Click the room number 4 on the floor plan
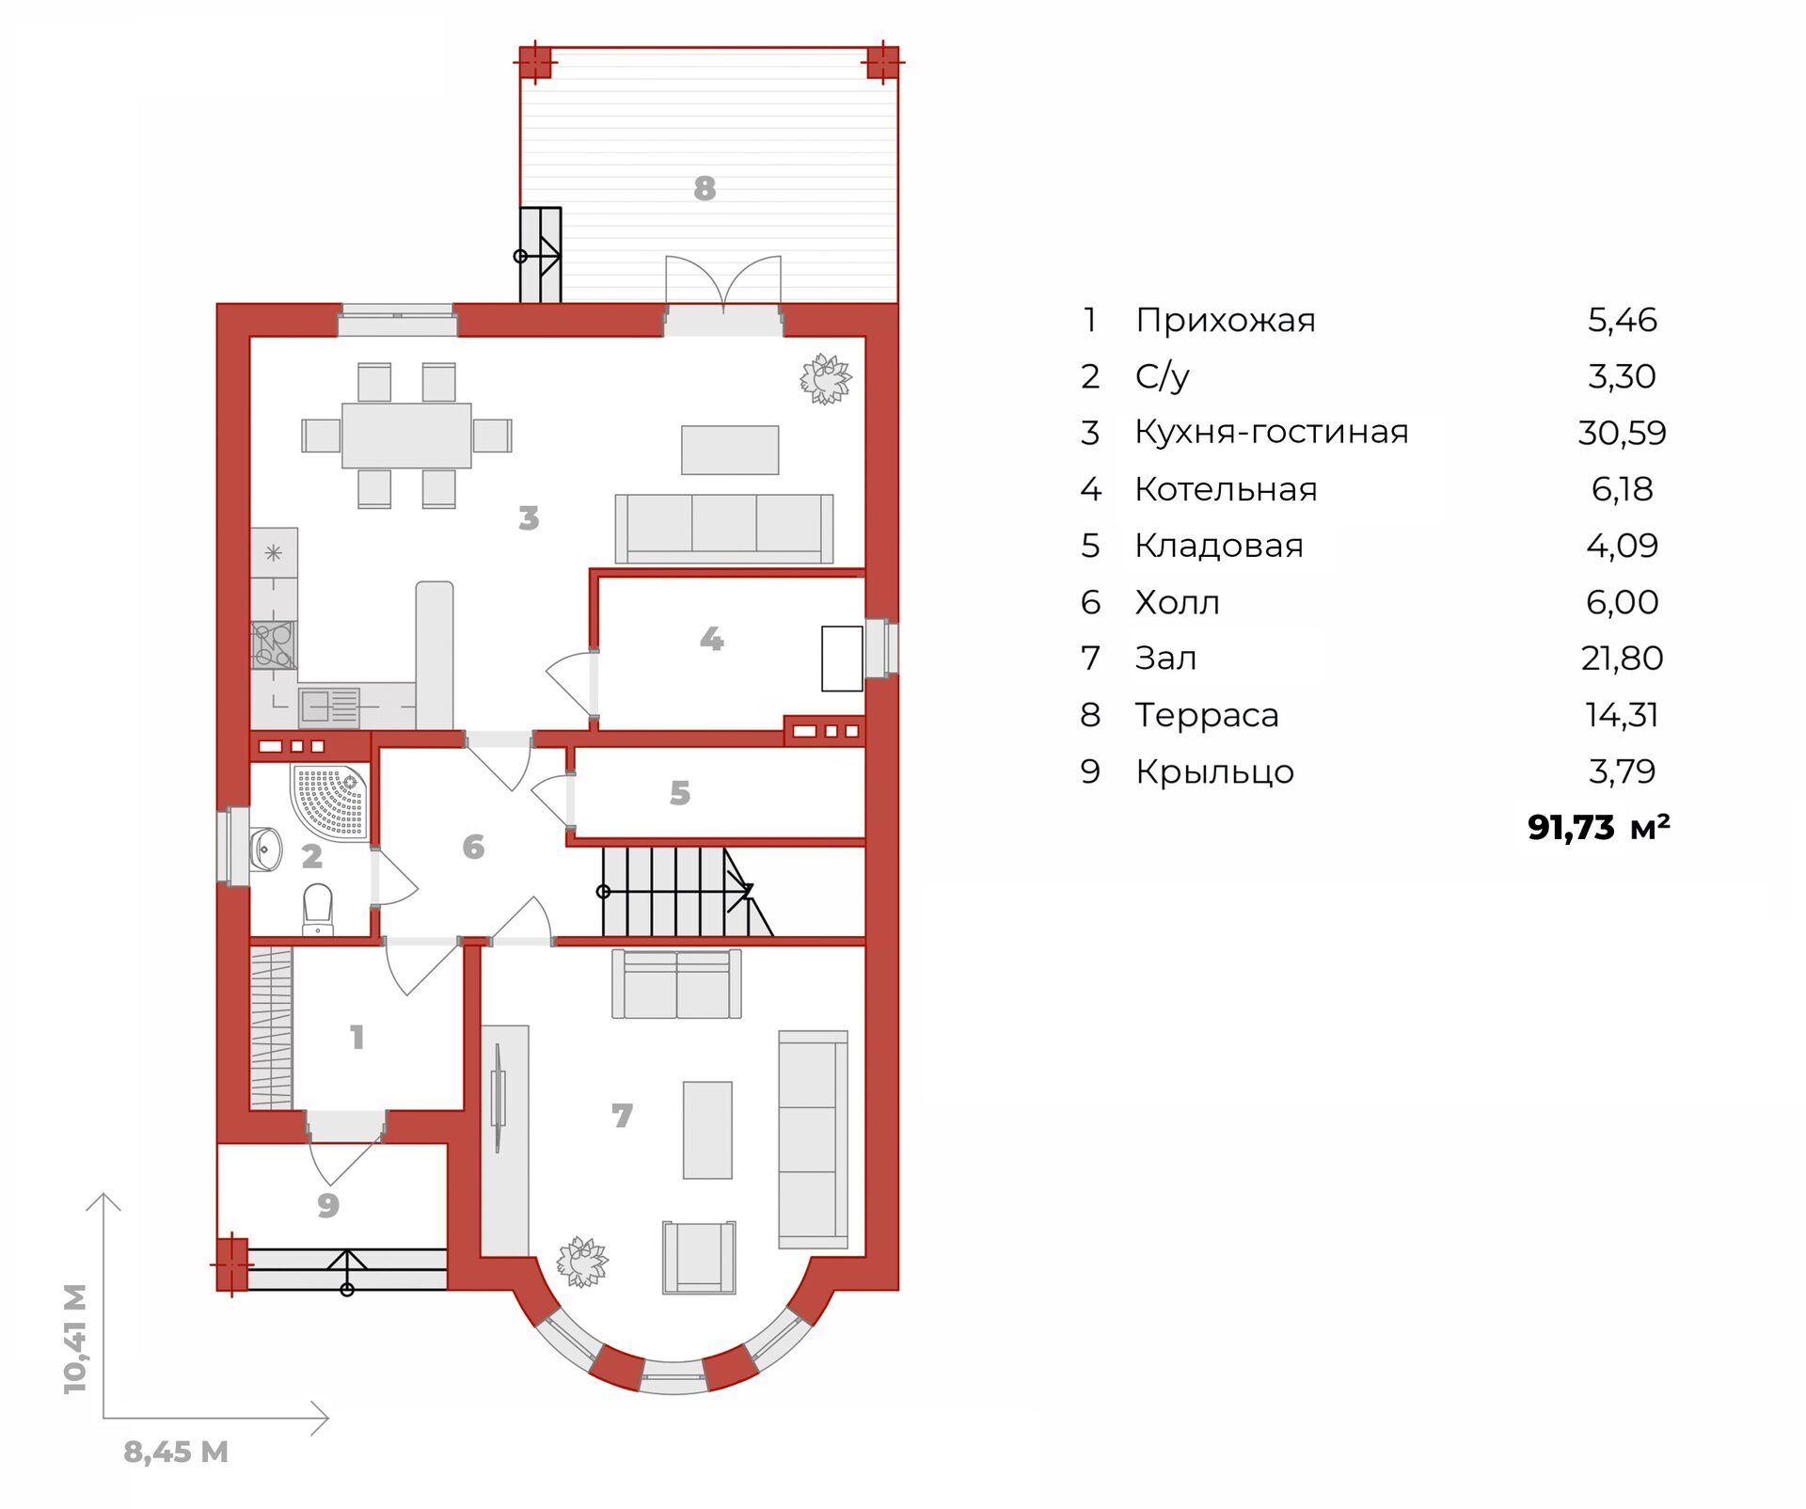712,640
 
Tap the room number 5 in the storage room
680,794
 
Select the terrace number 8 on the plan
705,189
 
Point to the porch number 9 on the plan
328,1205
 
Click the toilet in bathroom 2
318,909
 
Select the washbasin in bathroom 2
265,849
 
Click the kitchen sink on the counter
329,707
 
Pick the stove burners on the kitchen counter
274,645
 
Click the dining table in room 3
406,436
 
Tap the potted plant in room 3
826,379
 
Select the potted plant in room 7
582,1262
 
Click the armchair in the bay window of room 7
699,1258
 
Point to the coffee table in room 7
707,1130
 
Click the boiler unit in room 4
842,659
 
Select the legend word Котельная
1226,489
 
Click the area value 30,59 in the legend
1622,433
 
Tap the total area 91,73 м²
1599,827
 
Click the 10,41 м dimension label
75,1339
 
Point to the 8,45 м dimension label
176,1452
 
